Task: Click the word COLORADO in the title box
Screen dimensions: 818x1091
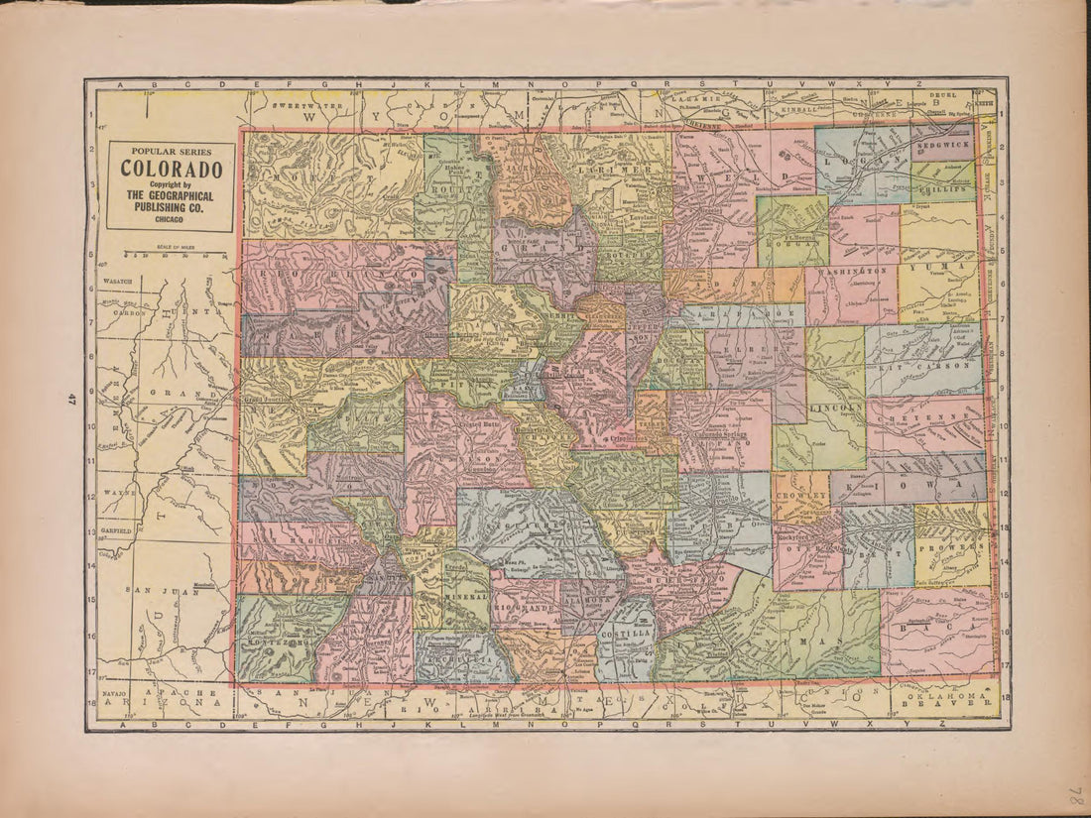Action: (x=171, y=169)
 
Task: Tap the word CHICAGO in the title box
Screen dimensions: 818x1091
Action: (x=171, y=219)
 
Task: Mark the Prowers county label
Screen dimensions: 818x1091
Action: (x=951, y=546)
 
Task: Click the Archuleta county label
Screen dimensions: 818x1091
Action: (x=464, y=659)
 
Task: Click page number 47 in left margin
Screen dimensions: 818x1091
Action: (x=73, y=400)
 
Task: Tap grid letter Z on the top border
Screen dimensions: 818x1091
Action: (x=918, y=84)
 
